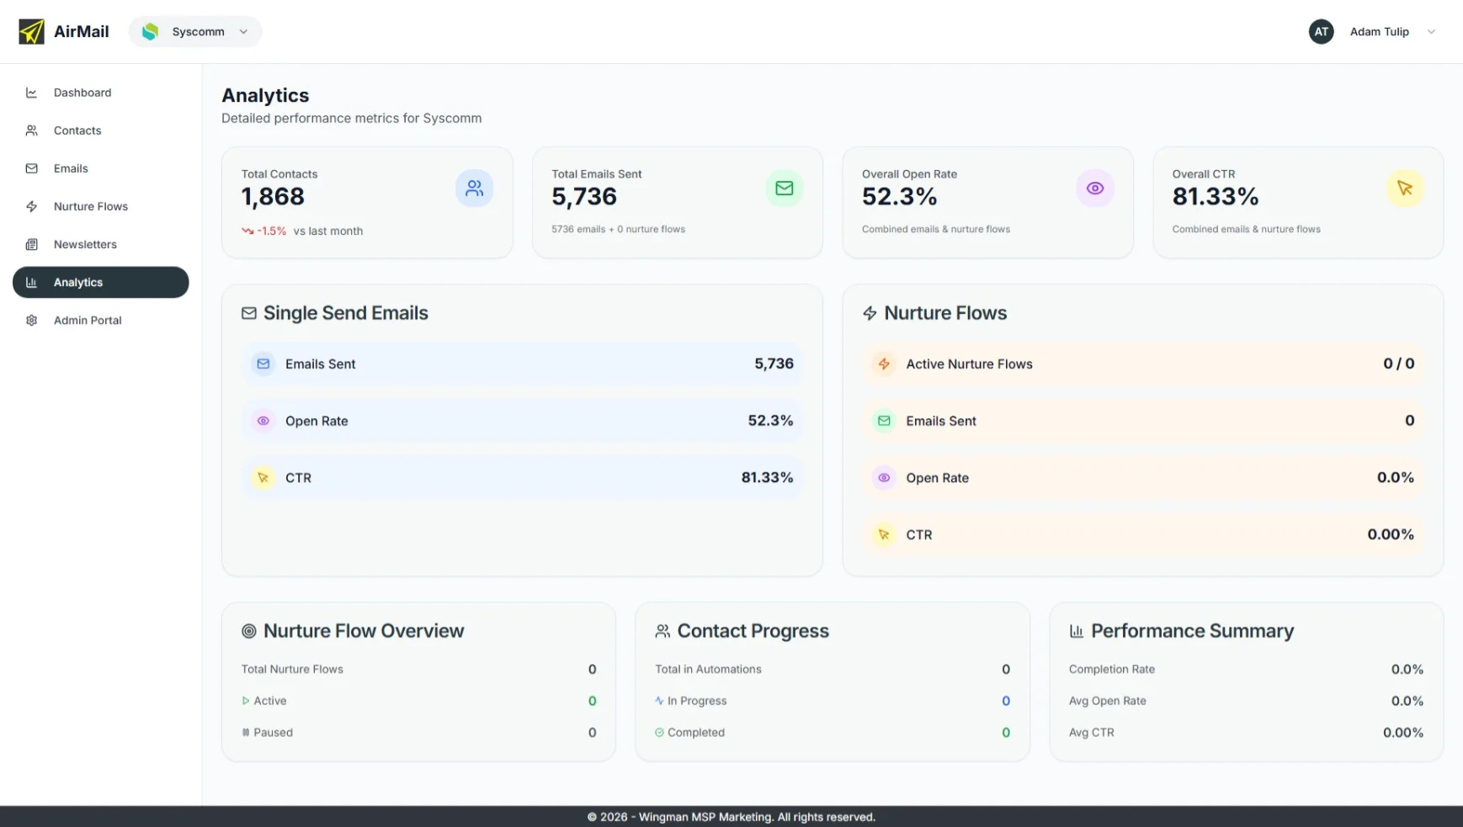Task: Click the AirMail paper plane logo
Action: (31, 32)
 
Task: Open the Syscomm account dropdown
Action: (195, 32)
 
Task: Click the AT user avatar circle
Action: (1321, 32)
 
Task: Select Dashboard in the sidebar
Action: (82, 93)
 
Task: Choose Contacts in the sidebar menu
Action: (77, 130)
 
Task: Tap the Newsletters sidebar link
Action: (85, 245)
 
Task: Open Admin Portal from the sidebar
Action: (88, 321)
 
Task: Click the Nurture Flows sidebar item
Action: (90, 207)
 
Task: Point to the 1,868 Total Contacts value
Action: (273, 197)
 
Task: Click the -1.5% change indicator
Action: (271, 231)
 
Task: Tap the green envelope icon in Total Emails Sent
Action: (784, 188)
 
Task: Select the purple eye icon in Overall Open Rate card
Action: (1094, 188)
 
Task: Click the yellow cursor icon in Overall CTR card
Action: (1404, 188)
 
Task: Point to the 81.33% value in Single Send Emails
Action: (767, 478)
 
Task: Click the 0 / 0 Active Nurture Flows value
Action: (1398, 364)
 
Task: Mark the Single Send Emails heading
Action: (345, 313)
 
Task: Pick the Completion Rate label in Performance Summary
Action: (1111, 670)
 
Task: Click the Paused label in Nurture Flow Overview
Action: (273, 733)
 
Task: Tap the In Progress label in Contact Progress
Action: (696, 701)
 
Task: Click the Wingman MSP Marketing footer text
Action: (731, 817)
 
